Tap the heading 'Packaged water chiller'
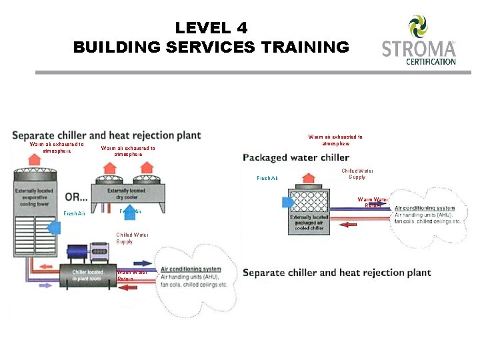[296, 158]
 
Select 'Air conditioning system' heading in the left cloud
[190, 269]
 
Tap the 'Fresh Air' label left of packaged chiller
[267, 178]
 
